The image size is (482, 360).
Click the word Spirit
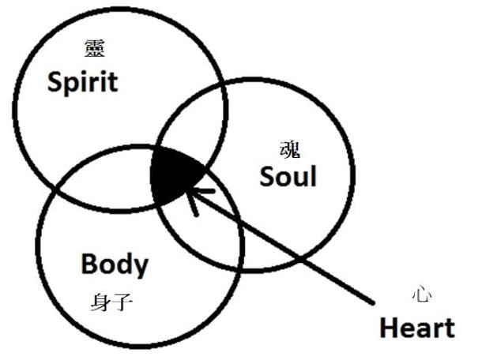(x=82, y=81)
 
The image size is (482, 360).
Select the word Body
(x=114, y=264)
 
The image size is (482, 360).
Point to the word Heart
(x=417, y=326)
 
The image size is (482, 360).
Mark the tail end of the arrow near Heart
(x=371, y=302)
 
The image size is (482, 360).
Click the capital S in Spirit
(x=54, y=81)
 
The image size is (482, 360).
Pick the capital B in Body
(x=90, y=264)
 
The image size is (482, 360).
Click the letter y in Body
(x=139, y=267)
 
